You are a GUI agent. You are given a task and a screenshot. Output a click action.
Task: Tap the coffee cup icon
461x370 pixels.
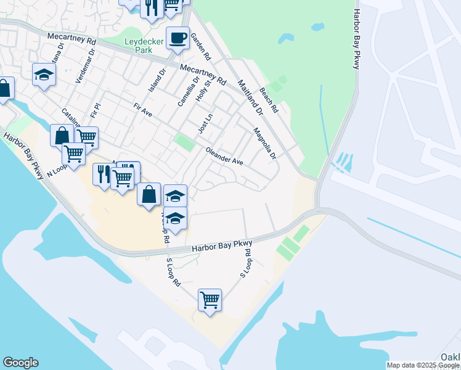[x=177, y=38]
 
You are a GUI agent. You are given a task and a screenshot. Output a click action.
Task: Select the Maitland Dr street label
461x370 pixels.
[x=250, y=97]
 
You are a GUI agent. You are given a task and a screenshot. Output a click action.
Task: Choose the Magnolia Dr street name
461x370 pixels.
[x=264, y=143]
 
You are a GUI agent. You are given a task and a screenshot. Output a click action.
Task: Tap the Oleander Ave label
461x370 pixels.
[x=224, y=155]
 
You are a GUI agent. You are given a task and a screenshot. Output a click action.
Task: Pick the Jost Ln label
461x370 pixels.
[x=205, y=123]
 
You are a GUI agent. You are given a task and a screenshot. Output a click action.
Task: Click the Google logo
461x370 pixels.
[x=20, y=363]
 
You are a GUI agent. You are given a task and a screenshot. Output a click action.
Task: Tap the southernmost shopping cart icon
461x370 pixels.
[x=210, y=300]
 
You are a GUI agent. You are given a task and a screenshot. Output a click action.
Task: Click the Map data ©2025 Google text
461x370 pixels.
[x=423, y=365]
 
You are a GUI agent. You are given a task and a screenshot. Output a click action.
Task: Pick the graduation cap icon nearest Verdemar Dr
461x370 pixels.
[x=44, y=75]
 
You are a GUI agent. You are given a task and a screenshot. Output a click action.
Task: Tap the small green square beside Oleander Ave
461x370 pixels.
[x=184, y=142]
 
